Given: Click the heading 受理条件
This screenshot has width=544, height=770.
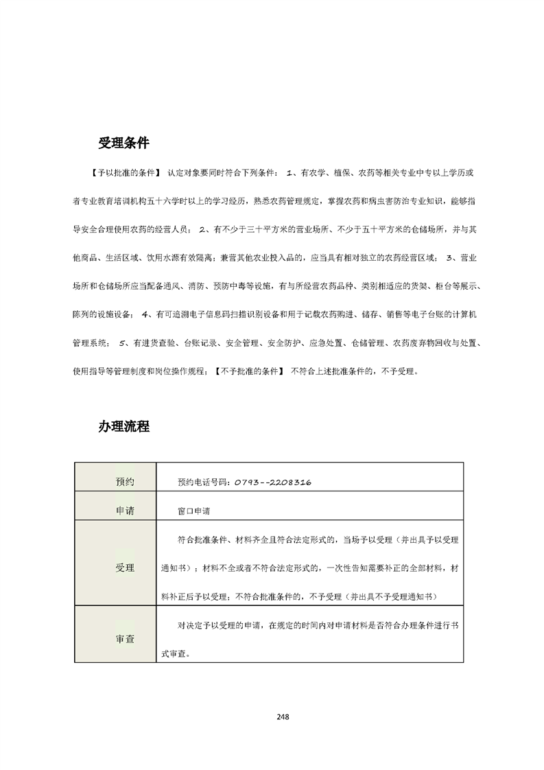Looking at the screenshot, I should point(123,143).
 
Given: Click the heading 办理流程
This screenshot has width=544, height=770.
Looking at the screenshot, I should point(123,426).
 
